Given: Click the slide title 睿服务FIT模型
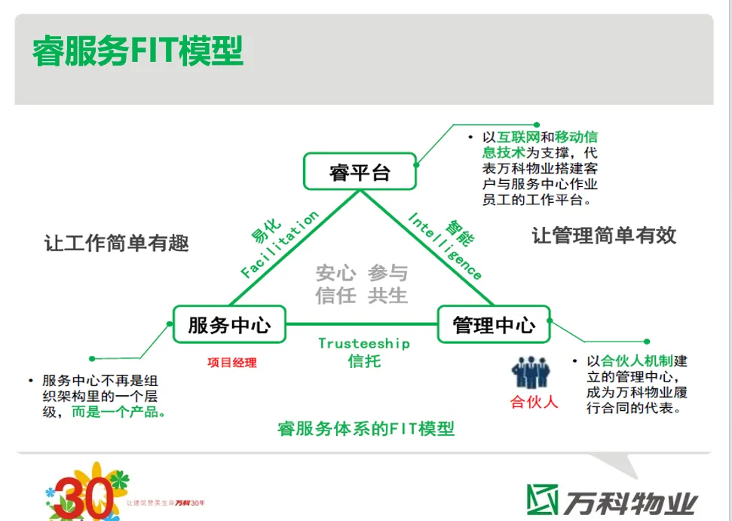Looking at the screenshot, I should coord(138,51).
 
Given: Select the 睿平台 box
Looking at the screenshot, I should coord(360,172).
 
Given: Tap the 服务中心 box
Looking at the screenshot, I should coord(229,325).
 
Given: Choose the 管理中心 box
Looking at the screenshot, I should coord(495,325).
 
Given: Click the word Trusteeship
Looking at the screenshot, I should coord(363,344).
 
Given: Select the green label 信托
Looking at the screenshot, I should coord(364,361).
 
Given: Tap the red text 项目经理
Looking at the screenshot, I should coord(232,363).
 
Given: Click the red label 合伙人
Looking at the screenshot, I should coord(534,402).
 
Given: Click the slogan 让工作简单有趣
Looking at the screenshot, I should coord(116,243).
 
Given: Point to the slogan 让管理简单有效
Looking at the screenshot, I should coord(604,236).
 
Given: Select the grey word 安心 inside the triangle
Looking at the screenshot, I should coord(335,273).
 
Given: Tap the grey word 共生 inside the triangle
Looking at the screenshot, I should coord(387,296).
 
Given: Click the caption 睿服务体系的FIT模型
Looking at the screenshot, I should coord(366,429).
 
